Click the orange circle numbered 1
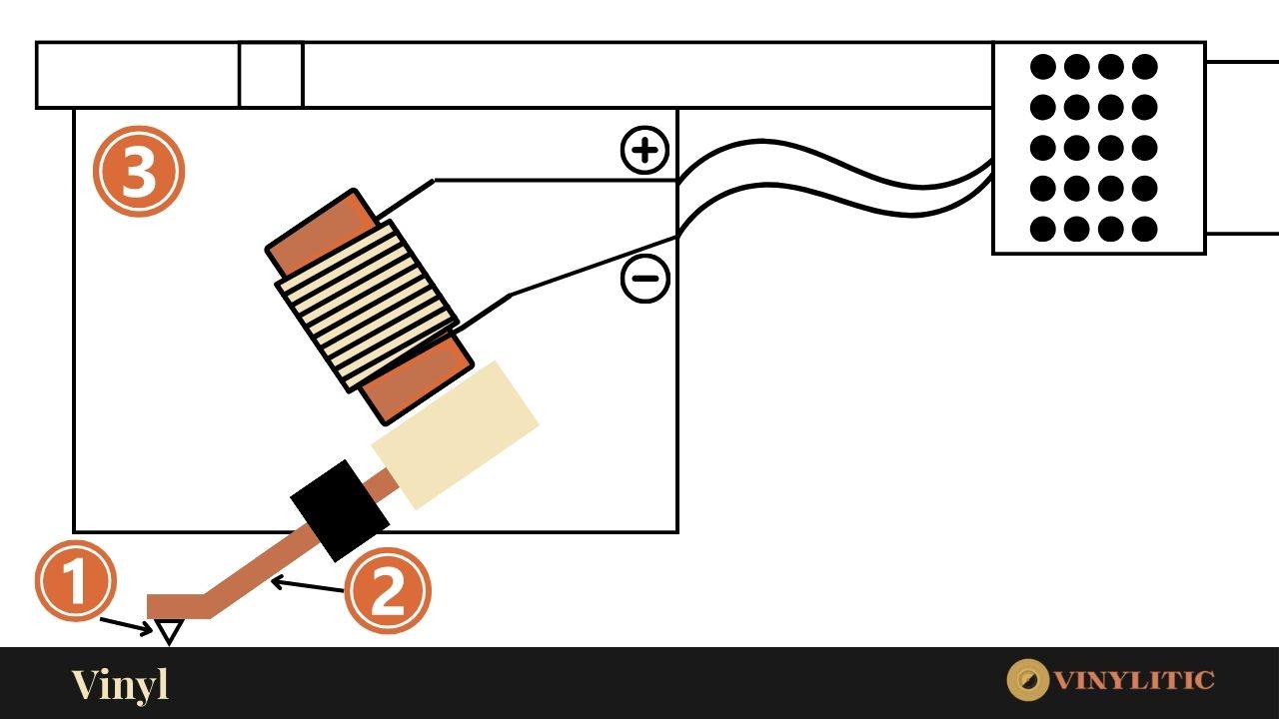pos(76,581)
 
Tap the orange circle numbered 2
pos(388,590)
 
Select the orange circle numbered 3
pos(139,171)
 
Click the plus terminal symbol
pos(645,151)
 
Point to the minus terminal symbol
pos(645,279)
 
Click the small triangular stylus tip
pos(169,630)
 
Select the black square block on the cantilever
pos(340,510)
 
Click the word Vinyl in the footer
pos(120,685)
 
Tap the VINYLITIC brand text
pos(1134,681)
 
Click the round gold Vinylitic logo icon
pos(1027,680)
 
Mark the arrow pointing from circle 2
pos(308,585)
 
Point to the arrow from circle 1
pos(128,625)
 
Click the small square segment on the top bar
pos(271,75)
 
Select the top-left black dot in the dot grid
pos(1043,67)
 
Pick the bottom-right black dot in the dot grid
pos(1145,229)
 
